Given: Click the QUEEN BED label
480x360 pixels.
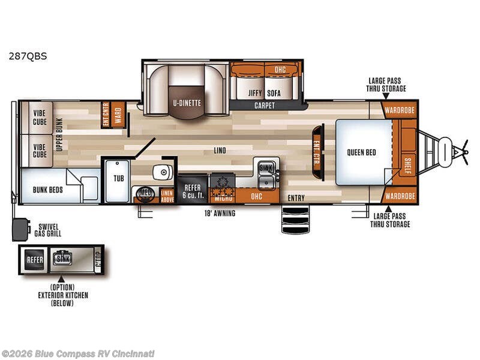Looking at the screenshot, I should click(x=361, y=152).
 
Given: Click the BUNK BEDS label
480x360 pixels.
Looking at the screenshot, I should click(x=47, y=190).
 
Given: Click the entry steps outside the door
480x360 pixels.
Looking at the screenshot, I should click(x=295, y=220).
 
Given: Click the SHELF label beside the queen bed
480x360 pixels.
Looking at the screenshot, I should click(x=408, y=163).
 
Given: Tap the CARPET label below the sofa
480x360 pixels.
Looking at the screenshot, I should click(x=264, y=106).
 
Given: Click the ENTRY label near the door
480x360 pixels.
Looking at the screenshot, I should click(x=296, y=198).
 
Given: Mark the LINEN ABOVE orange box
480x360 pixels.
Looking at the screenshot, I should click(x=167, y=196).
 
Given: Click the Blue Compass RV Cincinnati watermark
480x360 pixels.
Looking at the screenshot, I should click(x=78, y=353).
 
